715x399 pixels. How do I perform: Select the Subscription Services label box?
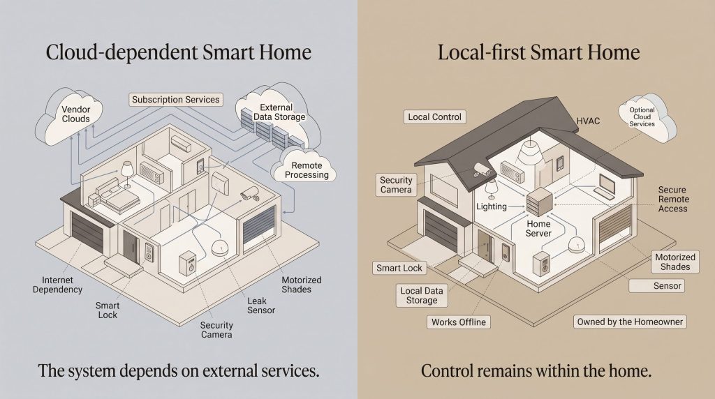point(176,99)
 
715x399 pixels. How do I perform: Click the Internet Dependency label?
point(57,285)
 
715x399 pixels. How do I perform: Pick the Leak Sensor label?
point(261,306)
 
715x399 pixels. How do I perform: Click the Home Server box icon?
point(539,202)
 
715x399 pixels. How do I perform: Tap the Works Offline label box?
point(459,322)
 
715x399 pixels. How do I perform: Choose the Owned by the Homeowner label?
point(630,322)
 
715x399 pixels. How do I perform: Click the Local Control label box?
point(434,117)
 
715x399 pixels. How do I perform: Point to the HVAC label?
point(588,121)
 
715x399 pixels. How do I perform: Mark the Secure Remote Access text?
point(673,199)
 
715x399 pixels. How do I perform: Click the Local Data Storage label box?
point(422,295)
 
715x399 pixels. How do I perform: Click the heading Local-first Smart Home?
point(538,52)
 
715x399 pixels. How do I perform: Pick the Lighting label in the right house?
point(491,206)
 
